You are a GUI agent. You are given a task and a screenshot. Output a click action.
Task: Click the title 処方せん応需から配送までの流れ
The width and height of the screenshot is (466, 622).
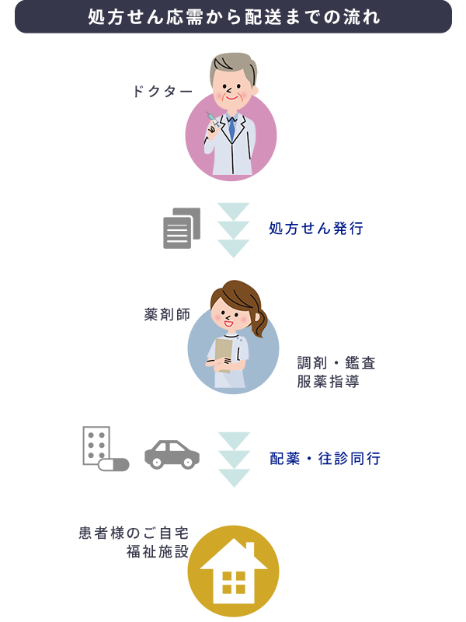(x=233, y=17)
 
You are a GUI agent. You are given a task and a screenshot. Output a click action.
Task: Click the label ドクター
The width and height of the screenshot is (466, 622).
(x=162, y=92)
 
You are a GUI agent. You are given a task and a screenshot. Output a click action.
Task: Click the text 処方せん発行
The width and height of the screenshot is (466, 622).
(x=316, y=229)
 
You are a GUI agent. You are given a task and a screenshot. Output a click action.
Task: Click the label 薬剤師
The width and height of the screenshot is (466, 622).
(x=168, y=315)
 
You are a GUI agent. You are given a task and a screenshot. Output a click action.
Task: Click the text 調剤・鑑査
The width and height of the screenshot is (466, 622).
(x=336, y=363)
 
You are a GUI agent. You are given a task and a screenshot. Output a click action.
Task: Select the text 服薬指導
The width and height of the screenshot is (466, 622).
(x=328, y=383)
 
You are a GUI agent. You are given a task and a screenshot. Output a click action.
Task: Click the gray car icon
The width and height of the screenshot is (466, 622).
(x=172, y=455)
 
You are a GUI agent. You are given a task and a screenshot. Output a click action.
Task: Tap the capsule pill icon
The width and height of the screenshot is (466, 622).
(x=113, y=465)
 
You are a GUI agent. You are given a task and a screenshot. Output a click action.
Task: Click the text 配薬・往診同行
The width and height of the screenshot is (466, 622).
(x=325, y=459)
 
